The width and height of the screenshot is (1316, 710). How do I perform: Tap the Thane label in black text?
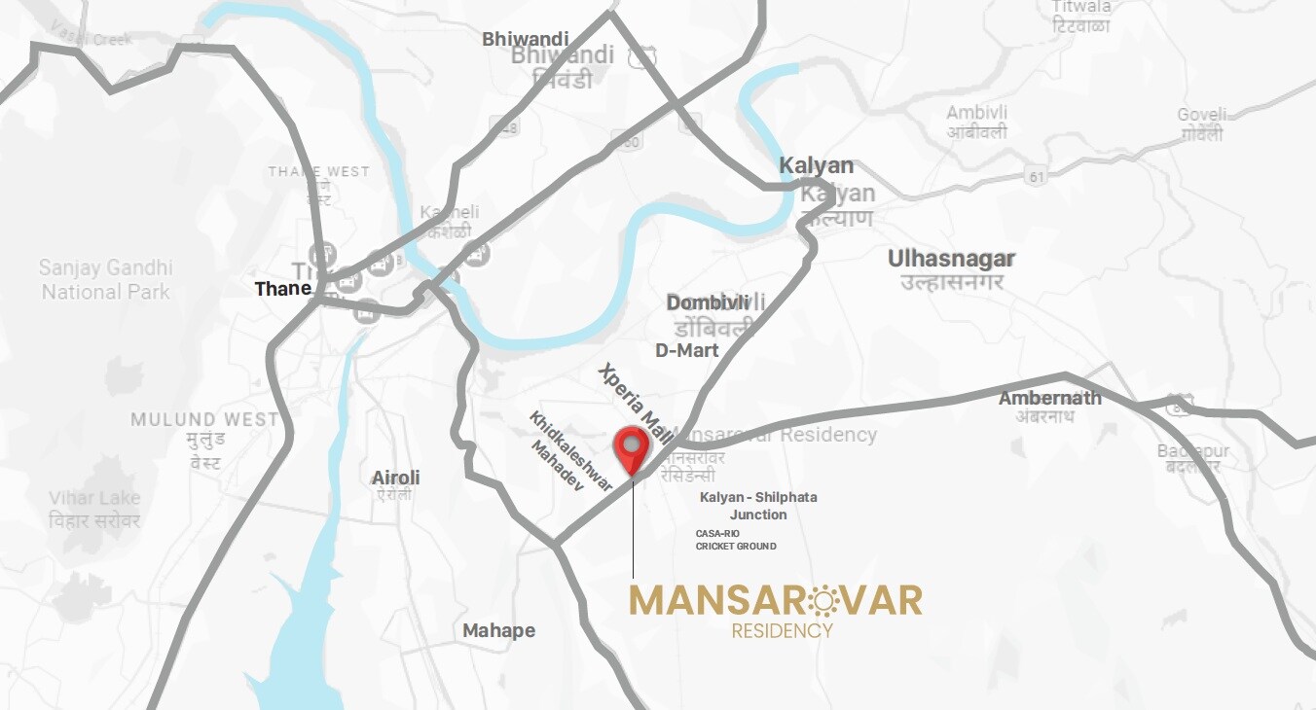pos(283,289)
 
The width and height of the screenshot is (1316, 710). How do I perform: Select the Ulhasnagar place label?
pos(951,259)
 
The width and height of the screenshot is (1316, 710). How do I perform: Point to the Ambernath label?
pos(1049,398)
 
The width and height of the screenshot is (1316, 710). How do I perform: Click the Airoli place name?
pos(396,478)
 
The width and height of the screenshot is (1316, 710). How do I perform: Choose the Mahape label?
pos(498,630)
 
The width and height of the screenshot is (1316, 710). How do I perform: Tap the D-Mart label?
pos(686,350)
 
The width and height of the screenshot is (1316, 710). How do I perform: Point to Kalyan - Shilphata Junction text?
pos(758,506)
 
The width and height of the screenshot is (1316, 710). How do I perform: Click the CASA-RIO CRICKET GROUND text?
pos(735,540)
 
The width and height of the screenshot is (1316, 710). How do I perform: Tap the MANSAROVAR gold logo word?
pos(775,600)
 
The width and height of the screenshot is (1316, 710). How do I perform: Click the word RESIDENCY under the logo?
pos(782,630)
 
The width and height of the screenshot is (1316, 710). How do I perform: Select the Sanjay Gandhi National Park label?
pos(105,279)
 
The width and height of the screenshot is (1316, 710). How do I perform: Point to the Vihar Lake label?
pos(94,498)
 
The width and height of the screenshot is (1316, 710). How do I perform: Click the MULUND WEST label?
pos(204,420)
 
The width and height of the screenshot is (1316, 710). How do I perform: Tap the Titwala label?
pos(1080,8)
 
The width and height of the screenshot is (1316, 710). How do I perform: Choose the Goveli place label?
pos(1201,115)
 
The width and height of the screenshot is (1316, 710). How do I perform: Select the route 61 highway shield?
pos(1034,176)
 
